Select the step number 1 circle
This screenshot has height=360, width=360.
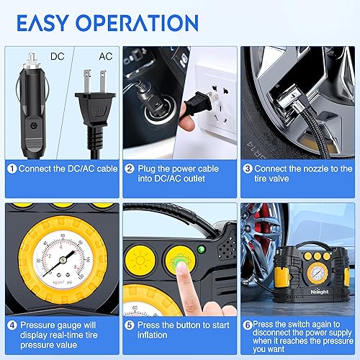pos(12,169)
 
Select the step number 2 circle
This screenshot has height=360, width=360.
pos(130,169)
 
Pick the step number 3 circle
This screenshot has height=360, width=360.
pos(247,169)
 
